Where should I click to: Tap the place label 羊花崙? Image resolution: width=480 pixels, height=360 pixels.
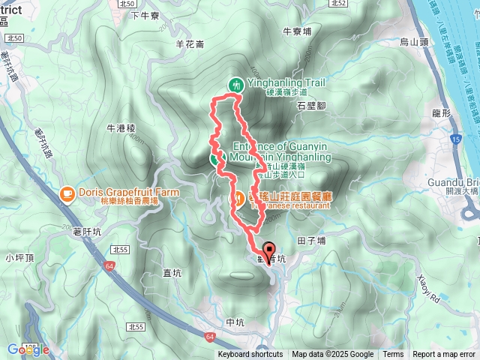tap(190, 44)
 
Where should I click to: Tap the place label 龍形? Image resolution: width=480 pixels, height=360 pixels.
tap(440, 112)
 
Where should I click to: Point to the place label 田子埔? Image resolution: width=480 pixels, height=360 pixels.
tap(311, 241)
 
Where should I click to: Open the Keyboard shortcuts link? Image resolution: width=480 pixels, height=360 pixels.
tap(250, 355)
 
